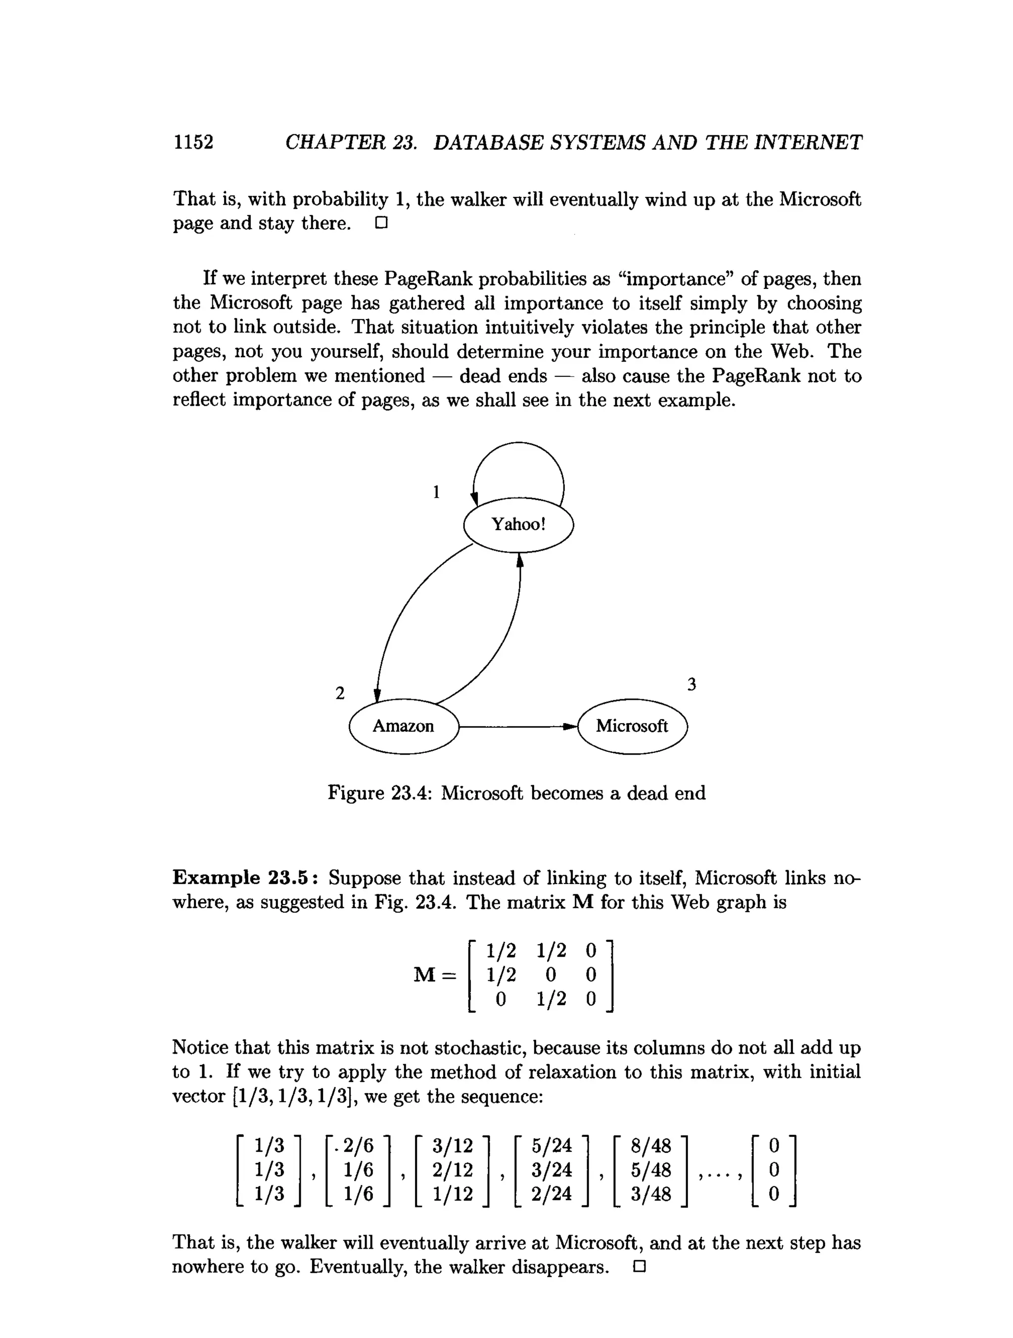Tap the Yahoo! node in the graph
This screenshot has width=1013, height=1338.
click(x=518, y=524)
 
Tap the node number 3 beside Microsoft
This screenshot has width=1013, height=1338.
click(x=692, y=685)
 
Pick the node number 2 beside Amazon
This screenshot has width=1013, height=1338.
click(x=340, y=693)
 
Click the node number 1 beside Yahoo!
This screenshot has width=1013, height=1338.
click(x=436, y=492)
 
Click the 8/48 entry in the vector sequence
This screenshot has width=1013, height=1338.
click(x=651, y=1146)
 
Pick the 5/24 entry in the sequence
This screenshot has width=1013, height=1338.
click(x=552, y=1146)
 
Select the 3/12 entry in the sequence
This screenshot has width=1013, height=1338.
click(x=453, y=1146)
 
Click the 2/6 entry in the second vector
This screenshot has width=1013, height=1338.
click(x=359, y=1146)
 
